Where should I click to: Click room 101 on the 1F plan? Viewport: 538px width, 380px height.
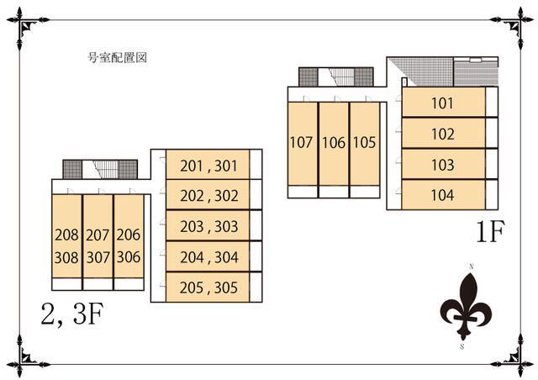click(443, 104)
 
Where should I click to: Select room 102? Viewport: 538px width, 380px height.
click(443, 135)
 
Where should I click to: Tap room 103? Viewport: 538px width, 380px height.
click(443, 165)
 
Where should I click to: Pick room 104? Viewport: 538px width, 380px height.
click(443, 195)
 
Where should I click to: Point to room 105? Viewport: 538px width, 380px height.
click(363, 143)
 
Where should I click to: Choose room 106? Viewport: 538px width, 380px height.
click(334, 143)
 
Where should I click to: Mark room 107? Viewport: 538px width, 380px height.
click(302, 143)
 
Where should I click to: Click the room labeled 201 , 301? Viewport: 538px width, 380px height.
click(209, 166)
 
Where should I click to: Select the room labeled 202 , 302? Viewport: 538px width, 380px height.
click(209, 196)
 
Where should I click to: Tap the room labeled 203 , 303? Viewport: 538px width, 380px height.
click(209, 226)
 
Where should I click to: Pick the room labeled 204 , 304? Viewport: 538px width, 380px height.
click(209, 256)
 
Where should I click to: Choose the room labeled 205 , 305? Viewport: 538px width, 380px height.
click(209, 287)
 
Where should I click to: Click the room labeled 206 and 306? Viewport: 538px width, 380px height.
click(128, 245)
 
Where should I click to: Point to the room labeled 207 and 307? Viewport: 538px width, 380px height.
click(98, 245)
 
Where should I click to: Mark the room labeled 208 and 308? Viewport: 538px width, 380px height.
click(66, 245)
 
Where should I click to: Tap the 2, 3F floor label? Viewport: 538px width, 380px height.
click(72, 314)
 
